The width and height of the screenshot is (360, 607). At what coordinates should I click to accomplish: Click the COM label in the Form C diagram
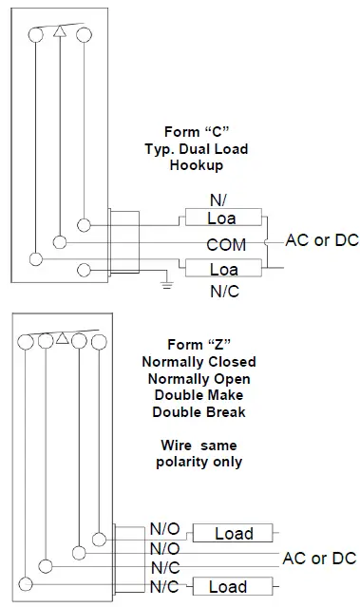pyautogui.click(x=226, y=244)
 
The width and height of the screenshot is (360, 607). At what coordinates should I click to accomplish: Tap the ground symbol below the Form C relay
pyautogui.click(x=167, y=282)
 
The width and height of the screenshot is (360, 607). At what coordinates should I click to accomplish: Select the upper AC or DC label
pyautogui.click(x=322, y=239)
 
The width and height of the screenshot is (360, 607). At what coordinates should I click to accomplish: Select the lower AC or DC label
pyautogui.click(x=319, y=558)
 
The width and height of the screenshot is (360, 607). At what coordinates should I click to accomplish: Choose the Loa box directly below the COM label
pyautogui.click(x=224, y=270)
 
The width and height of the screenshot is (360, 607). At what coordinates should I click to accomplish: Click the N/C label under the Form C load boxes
pyautogui.click(x=224, y=293)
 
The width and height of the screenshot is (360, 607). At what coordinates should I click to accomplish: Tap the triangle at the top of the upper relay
pyautogui.click(x=60, y=32)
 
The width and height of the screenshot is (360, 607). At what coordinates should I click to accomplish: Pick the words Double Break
pyautogui.click(x=199, y=411)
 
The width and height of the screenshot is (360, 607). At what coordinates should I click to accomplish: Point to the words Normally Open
pyautogui.click(x=199, y=378)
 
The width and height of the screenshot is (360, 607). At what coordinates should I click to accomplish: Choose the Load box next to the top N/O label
pyautogui.click(x=234, y=533)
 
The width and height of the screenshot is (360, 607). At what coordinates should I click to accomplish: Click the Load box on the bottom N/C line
pyautogui.click(x=228, y=587)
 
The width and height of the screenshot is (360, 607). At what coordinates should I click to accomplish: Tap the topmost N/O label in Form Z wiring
pyautogui.click(x=164, y=530)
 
